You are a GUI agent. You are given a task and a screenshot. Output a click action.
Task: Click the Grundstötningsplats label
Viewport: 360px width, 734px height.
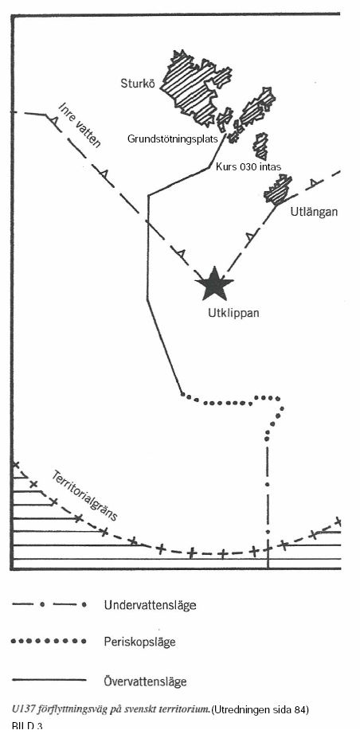point(173,139)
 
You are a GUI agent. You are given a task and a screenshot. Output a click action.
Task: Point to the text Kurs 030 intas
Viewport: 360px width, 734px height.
point(248,166)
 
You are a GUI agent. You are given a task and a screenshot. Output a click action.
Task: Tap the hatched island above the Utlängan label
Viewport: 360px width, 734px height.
point(278,189)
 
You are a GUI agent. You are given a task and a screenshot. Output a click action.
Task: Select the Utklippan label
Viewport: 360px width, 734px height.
point(233,313)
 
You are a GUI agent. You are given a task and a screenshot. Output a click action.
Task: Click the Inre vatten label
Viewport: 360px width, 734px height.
point(80,124)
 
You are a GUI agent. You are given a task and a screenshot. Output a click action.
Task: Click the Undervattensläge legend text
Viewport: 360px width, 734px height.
point(150,605)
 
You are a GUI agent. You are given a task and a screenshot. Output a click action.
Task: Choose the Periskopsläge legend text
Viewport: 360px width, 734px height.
point(139,642)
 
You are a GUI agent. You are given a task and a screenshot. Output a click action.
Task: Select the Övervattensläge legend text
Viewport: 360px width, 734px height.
point(145,680)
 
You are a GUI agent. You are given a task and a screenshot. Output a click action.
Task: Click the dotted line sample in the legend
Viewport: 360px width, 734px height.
point(49,641)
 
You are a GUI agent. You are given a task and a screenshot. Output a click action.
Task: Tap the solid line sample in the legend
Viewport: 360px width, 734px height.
point(49,680)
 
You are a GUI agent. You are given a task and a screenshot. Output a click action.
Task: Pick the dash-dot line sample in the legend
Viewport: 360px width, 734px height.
point(49,605)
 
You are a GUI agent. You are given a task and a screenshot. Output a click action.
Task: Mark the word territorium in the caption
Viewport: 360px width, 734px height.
point(186,709)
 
